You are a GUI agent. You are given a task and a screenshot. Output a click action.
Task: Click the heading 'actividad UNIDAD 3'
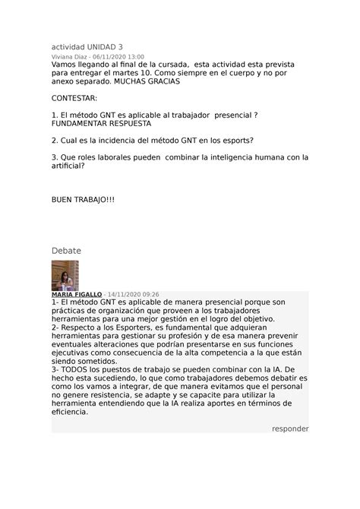pos(90,46)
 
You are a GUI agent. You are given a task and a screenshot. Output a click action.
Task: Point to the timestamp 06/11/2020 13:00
pos(118,56)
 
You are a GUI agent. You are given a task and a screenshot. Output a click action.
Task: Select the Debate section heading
pos(66,251)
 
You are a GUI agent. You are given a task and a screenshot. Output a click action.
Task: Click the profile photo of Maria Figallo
pos(65,276)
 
